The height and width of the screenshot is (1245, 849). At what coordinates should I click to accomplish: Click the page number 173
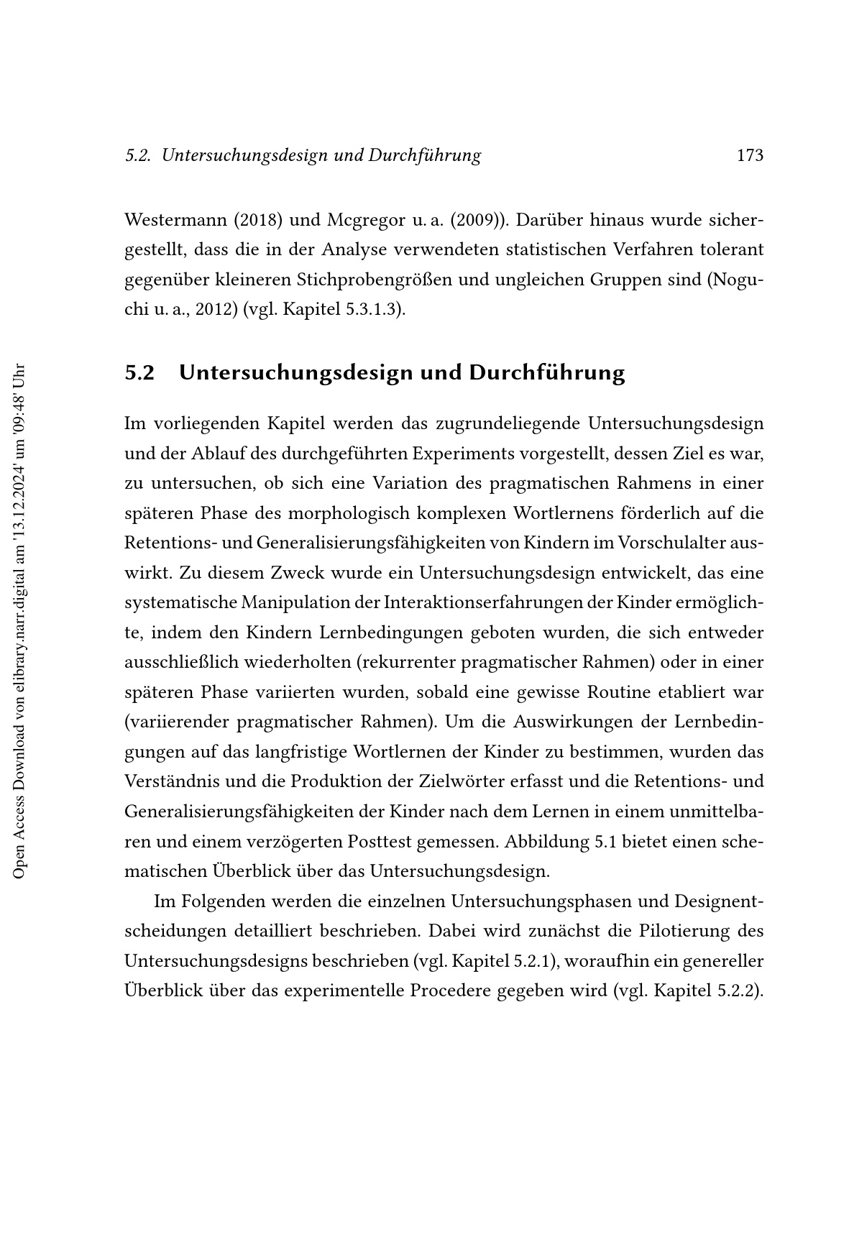click(750, 155)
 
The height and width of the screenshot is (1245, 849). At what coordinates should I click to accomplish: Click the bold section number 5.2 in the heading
click(139, 373)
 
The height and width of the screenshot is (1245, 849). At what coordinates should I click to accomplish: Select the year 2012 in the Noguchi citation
click(216, 311)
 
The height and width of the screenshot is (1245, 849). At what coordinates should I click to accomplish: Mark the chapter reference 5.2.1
click(535, 961)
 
